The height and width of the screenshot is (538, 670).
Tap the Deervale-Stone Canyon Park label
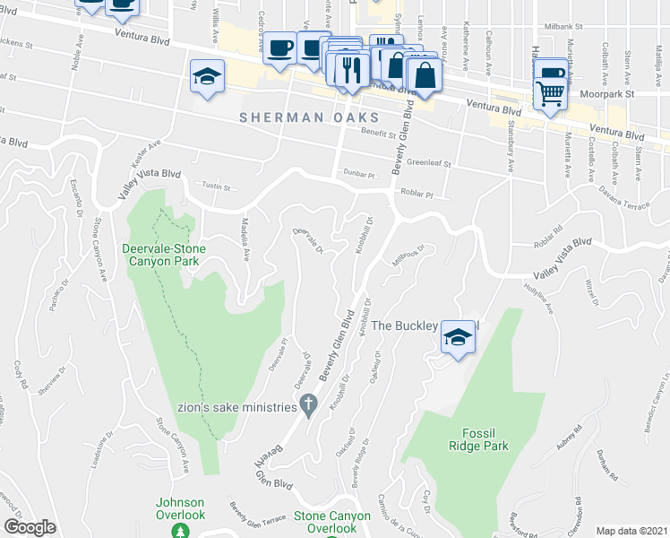(x=164, y=255)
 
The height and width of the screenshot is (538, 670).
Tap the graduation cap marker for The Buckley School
(x=458, y=338)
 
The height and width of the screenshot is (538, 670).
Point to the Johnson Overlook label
(x=181, y=508)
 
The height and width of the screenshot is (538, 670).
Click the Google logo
(x=30, y=527)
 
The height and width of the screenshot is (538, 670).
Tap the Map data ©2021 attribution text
(x=631, y=531)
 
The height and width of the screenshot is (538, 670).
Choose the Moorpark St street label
(x=606, y=93)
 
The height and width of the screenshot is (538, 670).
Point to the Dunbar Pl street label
(x=350, y=173)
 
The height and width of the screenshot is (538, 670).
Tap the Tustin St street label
(x=216, y=188)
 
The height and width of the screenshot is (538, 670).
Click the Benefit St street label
(x=379, y=133)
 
